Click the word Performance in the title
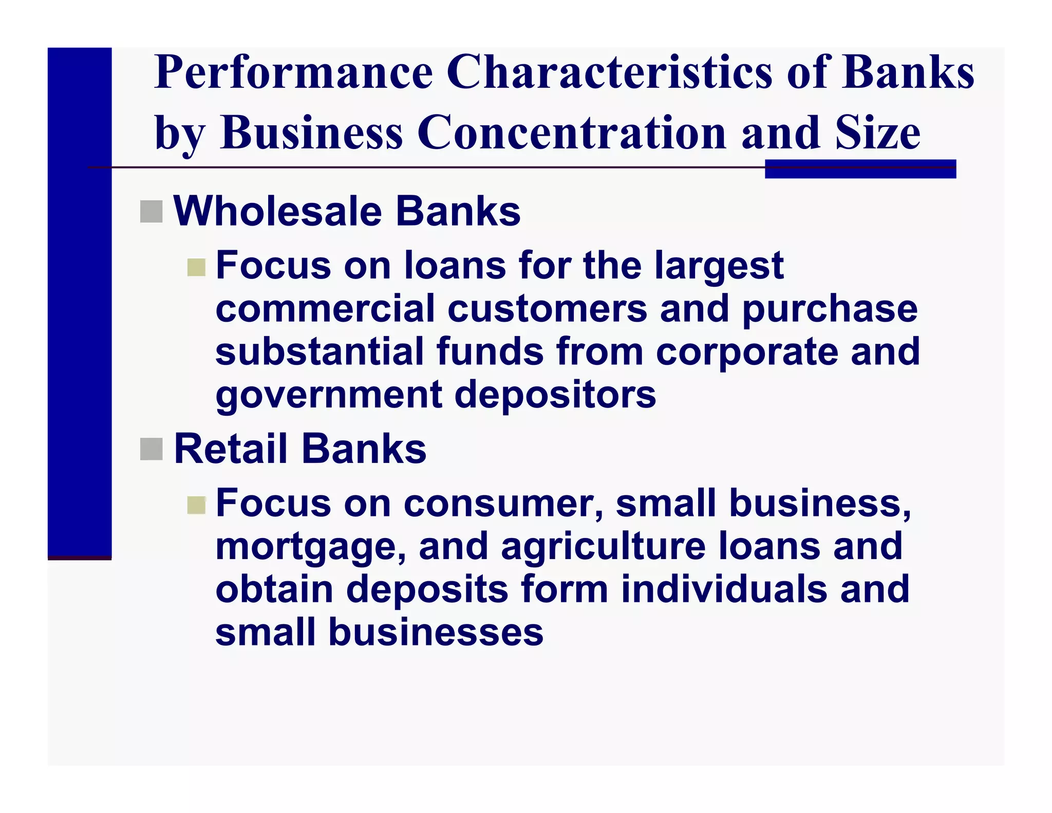[293, 72]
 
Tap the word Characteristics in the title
[609, 72]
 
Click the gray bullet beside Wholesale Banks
[151, 212]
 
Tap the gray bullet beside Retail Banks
[151, 449]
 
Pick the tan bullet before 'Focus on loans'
[196, 267]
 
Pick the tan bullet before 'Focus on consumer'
[196, 505]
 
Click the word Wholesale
[277, 212]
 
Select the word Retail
[230, 449]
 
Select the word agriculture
[603, 547]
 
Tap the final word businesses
[436, 632]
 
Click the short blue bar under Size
[860, 169]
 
